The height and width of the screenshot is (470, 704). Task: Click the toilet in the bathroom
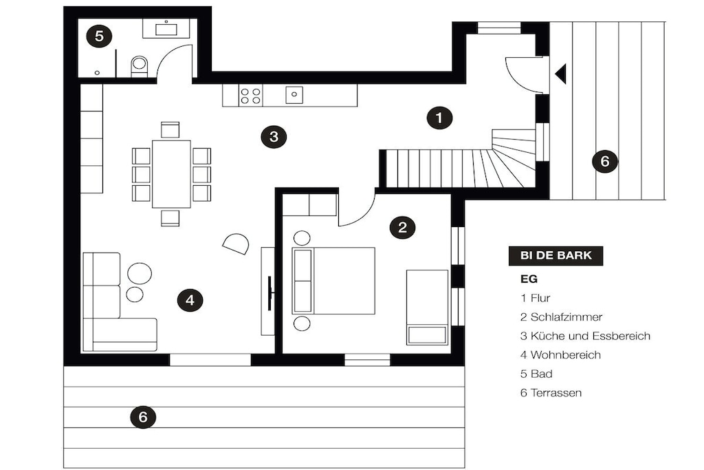(139, 66)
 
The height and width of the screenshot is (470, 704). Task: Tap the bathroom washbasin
(166, 29)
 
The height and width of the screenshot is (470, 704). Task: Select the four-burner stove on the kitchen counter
(250, 96)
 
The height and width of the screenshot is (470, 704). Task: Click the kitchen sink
(294, 95)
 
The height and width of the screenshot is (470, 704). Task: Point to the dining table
(171, 174)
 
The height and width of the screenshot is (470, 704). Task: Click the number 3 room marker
(274, 136)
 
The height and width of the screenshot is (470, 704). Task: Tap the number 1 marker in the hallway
(439, 118)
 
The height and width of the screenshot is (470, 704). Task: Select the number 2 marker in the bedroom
(402, 227)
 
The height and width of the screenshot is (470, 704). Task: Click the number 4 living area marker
(190, 300)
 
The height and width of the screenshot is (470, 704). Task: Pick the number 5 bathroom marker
(99, 36)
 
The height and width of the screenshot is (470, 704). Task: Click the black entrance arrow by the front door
(561, 74)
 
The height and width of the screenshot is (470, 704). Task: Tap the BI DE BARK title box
(555, 256)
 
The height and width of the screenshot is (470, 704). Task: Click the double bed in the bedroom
(333, 280)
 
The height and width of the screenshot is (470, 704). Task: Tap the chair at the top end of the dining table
(170, 129)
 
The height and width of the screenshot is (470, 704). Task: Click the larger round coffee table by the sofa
(140, 273)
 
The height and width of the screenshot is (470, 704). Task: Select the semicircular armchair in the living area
(236, 244)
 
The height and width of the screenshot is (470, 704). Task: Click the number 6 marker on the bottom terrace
(143, 417)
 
